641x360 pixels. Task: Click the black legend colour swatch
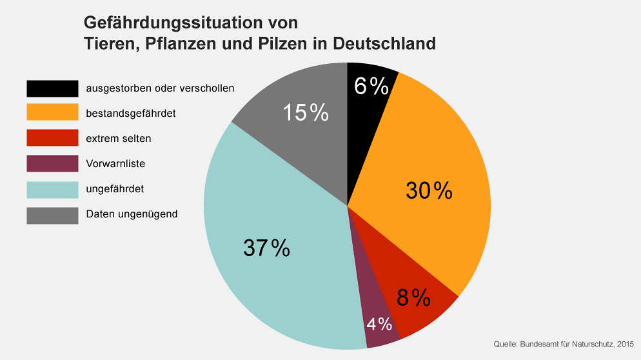pyautogui.click(x=52, y=88)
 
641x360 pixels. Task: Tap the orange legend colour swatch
pyautogui.click(x=52, y=112)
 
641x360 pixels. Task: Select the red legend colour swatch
pyautogui.click(x=52, y=137)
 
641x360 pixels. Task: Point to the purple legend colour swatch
pyautogui.click(x=52, y=163)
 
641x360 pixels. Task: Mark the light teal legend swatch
pyautogui.click(x=52, y=189)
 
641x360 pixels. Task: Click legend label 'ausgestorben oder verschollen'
pyautogui.click(x=160, y=88)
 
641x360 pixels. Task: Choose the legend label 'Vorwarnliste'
pyautogui.click(x=115, y=163)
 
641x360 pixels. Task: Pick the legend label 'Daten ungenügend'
pyautogui.click(x=132, y=214)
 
